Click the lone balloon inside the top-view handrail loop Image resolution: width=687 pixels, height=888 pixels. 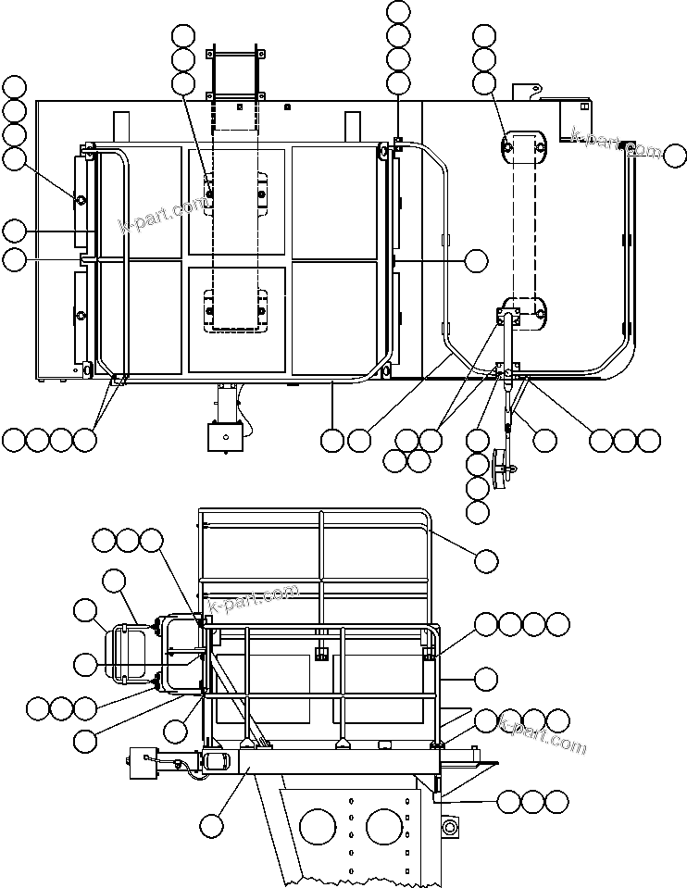tap(475, 261)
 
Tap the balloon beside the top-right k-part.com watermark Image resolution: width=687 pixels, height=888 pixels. tap(675, 155)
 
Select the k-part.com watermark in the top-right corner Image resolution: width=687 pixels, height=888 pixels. tap(616, 142)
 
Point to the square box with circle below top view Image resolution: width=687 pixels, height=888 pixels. tap(223, 436)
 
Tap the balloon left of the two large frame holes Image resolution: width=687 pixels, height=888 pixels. tap(212, 824)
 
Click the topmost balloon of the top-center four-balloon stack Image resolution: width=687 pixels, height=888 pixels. tap(398, 13)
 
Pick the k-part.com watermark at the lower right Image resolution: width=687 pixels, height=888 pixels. tap(543, 733)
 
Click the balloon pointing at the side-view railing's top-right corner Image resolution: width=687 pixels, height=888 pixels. tap(485, 559)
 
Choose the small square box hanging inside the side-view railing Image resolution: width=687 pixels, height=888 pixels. tap(321, 655)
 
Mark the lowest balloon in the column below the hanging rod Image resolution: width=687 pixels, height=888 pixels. tap(478, 510)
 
